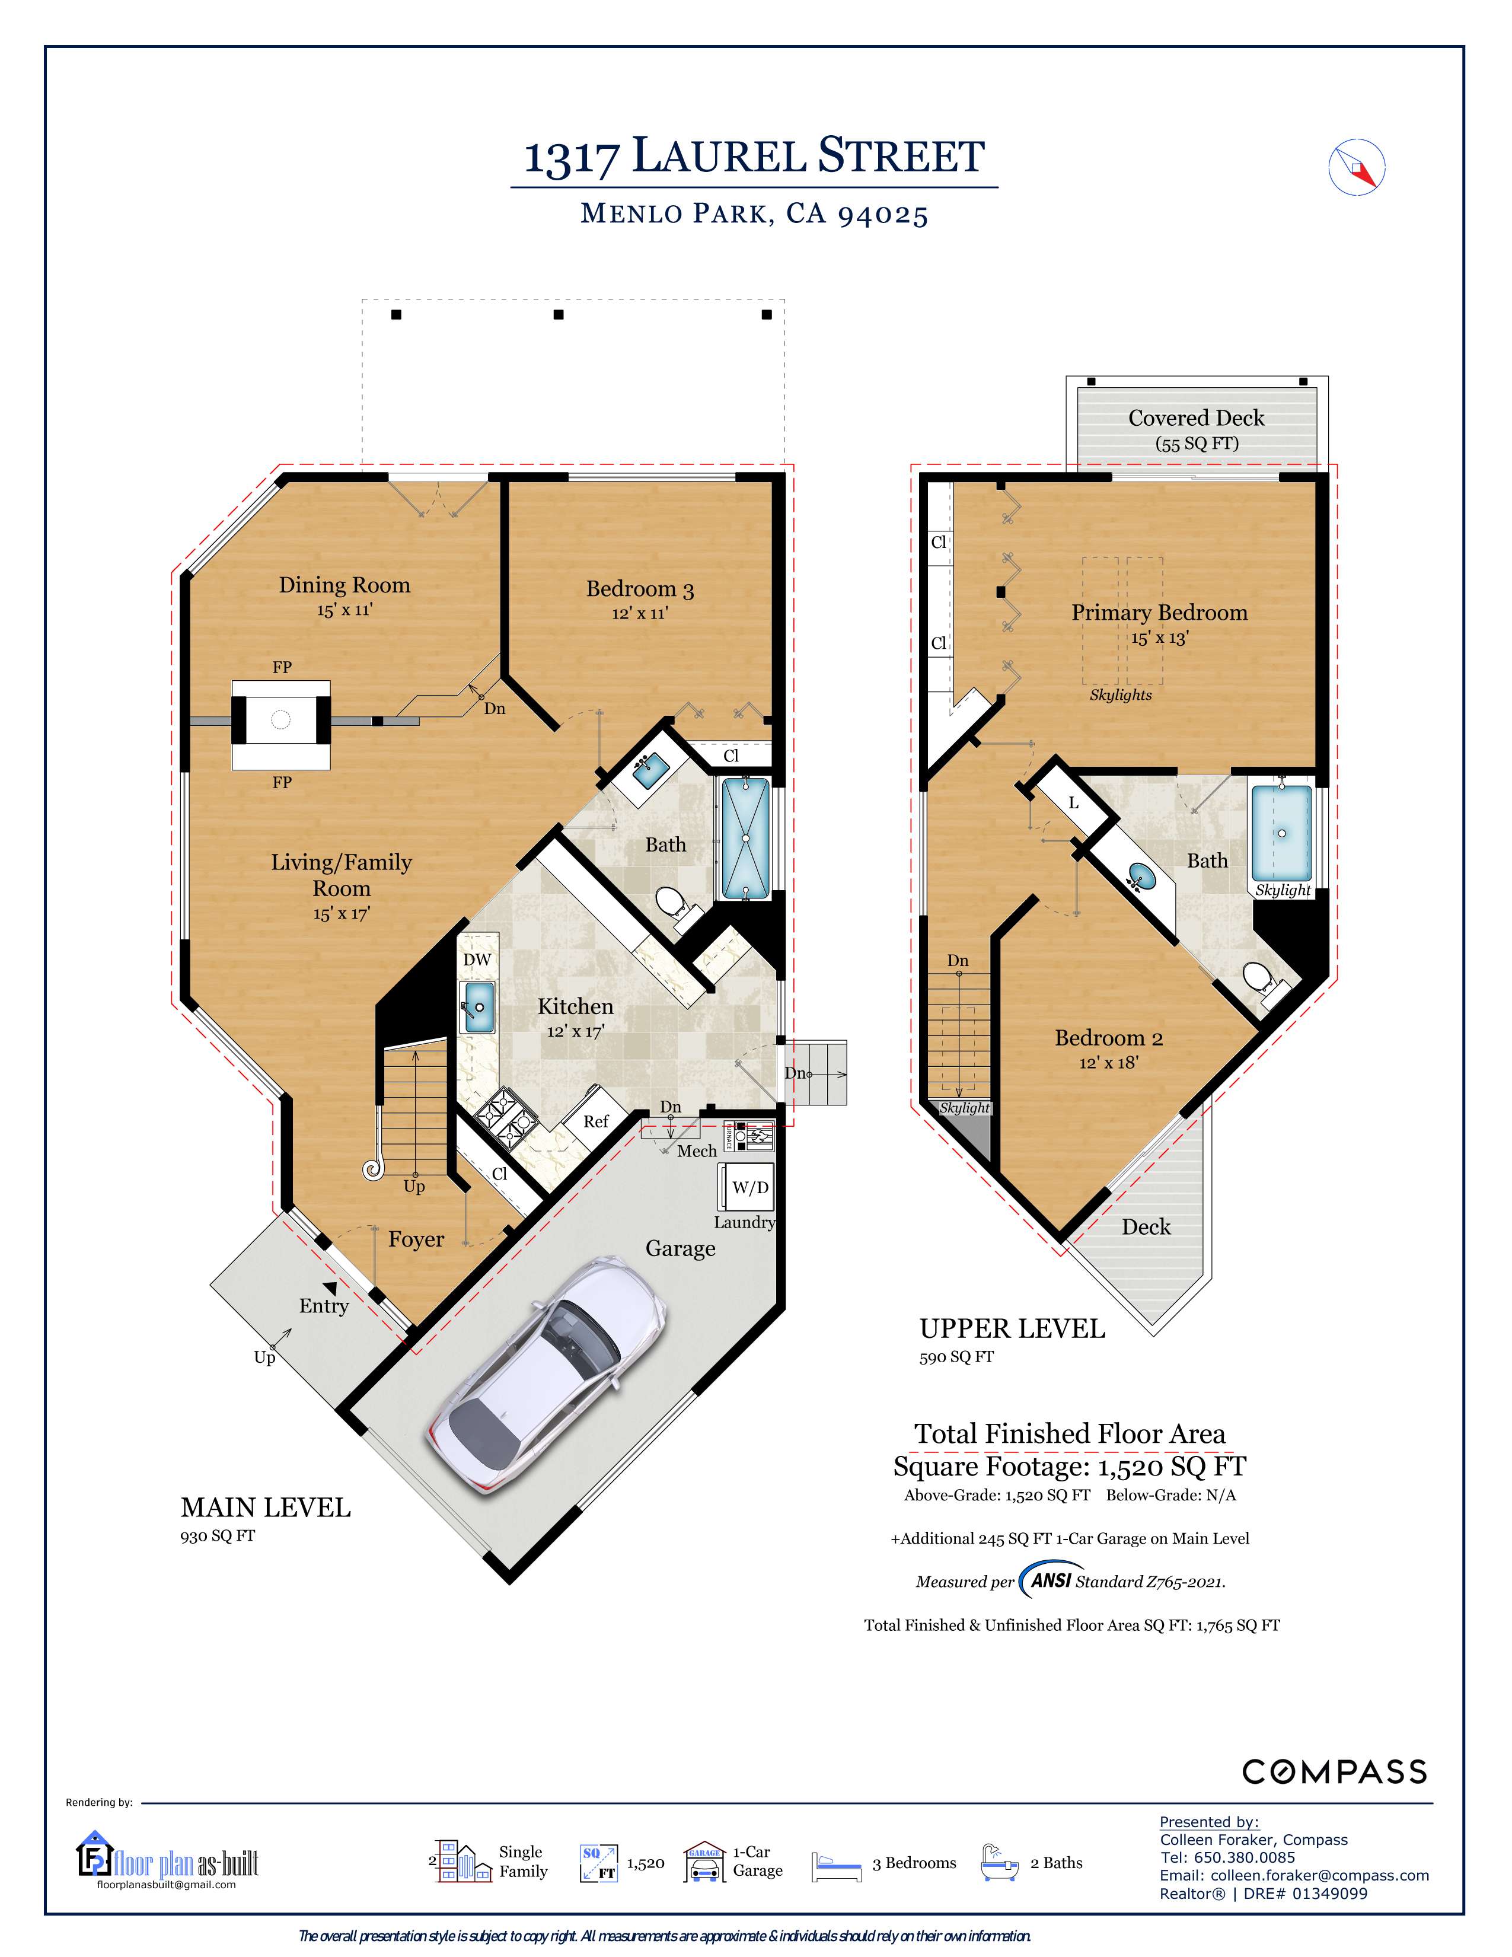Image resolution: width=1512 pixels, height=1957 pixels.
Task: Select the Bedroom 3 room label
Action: pyautogui.click(x=640, y=589)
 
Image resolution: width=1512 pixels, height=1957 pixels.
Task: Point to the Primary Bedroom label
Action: pyautogui.click(x=1159, y=613)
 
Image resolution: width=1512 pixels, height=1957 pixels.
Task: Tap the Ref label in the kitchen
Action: pyautogui.click(x=596, y=1121)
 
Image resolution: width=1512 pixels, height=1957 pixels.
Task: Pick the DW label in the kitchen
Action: pyautogui.click(x=477, y=959)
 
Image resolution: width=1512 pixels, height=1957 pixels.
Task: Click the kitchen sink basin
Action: pyautogui.click(x=477, y=1007)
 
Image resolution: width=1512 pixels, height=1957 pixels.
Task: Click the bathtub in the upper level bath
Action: pyautogui.click(x=1282, y=833)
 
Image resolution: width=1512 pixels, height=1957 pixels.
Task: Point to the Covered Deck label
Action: pyautogui.click(x=1196, y=419)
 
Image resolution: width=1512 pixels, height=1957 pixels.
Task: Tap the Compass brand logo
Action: pyautogui.click(x=1334, y=1771)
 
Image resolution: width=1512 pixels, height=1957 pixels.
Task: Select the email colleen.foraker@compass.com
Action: pyautogui.click(x=1319, y=1875)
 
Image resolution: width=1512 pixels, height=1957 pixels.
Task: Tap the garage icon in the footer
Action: pyautogui.click(x=704, y=1862)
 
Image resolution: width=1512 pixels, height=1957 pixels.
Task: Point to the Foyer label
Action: pyautogui.click(x=416, y=1239)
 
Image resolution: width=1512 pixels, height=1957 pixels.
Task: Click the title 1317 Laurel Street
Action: pyautogui.click(x=754, y=156)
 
